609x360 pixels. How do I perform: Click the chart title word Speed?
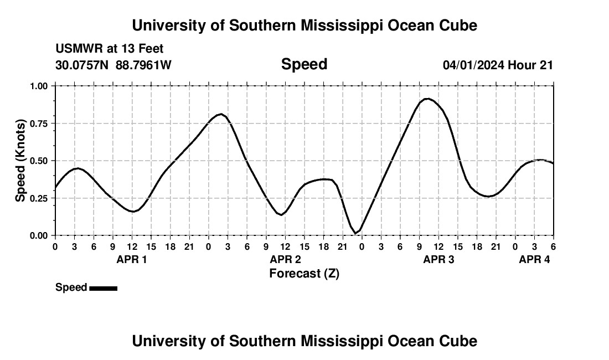304,64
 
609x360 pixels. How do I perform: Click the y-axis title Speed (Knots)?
20,161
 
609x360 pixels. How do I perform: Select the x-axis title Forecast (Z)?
304,273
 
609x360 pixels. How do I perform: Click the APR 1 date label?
132,259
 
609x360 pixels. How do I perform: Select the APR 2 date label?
285,259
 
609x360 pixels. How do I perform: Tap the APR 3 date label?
438,259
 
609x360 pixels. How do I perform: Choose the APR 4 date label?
534,259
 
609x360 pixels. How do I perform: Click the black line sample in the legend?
103,288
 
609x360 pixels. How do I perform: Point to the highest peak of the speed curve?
427,99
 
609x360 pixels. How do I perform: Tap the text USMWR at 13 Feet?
109,49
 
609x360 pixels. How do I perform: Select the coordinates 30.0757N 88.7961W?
113,65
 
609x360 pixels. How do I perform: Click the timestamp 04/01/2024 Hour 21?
498,65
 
